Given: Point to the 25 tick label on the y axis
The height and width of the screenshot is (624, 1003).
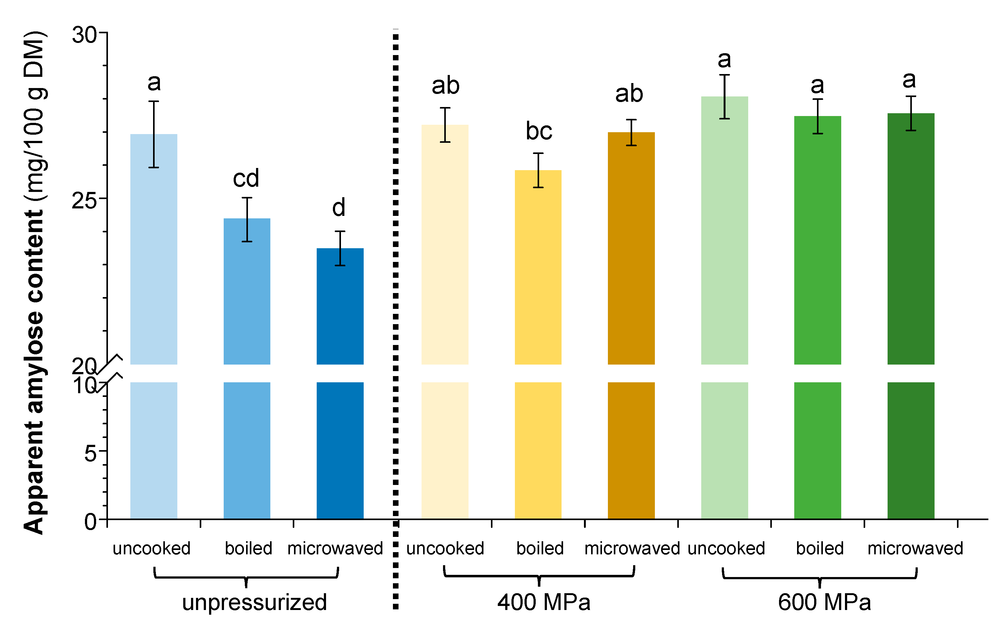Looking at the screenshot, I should (x=84, y=201).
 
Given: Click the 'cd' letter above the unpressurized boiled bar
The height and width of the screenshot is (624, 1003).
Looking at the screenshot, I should (x=246, y=178).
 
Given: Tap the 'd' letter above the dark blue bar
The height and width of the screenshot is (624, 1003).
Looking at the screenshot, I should (x=339, y=207).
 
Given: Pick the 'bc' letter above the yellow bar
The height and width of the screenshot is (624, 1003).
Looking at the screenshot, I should (x=539, y=131).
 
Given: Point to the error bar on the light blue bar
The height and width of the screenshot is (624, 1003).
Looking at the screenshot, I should (x=154, y=134).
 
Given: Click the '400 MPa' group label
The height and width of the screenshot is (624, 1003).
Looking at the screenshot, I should (x=543, y=602).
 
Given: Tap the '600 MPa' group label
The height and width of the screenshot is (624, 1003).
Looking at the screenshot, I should (x=824, y=602).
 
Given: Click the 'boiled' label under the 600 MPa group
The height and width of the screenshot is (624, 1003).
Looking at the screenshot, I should (x=820, y=548).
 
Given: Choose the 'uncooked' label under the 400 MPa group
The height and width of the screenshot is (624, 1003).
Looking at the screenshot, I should (x=445, y=548).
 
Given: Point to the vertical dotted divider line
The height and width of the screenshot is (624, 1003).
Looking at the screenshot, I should (x=395, y=289).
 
